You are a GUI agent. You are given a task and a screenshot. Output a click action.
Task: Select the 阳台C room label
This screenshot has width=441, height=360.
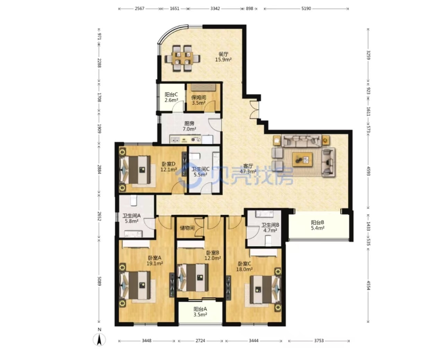[x=171, y=95]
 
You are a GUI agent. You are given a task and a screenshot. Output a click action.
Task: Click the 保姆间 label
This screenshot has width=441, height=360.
[x=199, y=97]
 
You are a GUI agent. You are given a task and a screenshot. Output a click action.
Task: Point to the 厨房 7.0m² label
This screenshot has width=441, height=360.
[x=189, y=126]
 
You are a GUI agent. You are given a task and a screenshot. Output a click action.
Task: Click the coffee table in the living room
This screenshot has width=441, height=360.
[x=302, y=159]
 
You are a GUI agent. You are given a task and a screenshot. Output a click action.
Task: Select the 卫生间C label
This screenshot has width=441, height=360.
[x=201, y=169]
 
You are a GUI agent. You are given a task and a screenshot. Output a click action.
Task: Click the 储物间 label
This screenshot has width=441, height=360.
[x=187, y=228]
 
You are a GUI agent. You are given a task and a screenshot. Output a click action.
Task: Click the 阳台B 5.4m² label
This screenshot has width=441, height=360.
[x=317, y=225]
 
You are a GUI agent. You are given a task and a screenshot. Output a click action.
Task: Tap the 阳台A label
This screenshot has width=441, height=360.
[x=200, y=309]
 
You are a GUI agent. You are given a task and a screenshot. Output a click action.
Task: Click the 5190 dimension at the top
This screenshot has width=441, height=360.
[x=306, y=9]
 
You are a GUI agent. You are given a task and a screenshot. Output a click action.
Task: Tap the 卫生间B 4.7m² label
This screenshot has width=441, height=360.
[x=270, y=228]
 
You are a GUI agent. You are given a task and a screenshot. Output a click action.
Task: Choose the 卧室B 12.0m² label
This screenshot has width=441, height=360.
[x=212, y=255]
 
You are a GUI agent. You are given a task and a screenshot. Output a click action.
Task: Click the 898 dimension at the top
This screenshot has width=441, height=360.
[x=249, y=9]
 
